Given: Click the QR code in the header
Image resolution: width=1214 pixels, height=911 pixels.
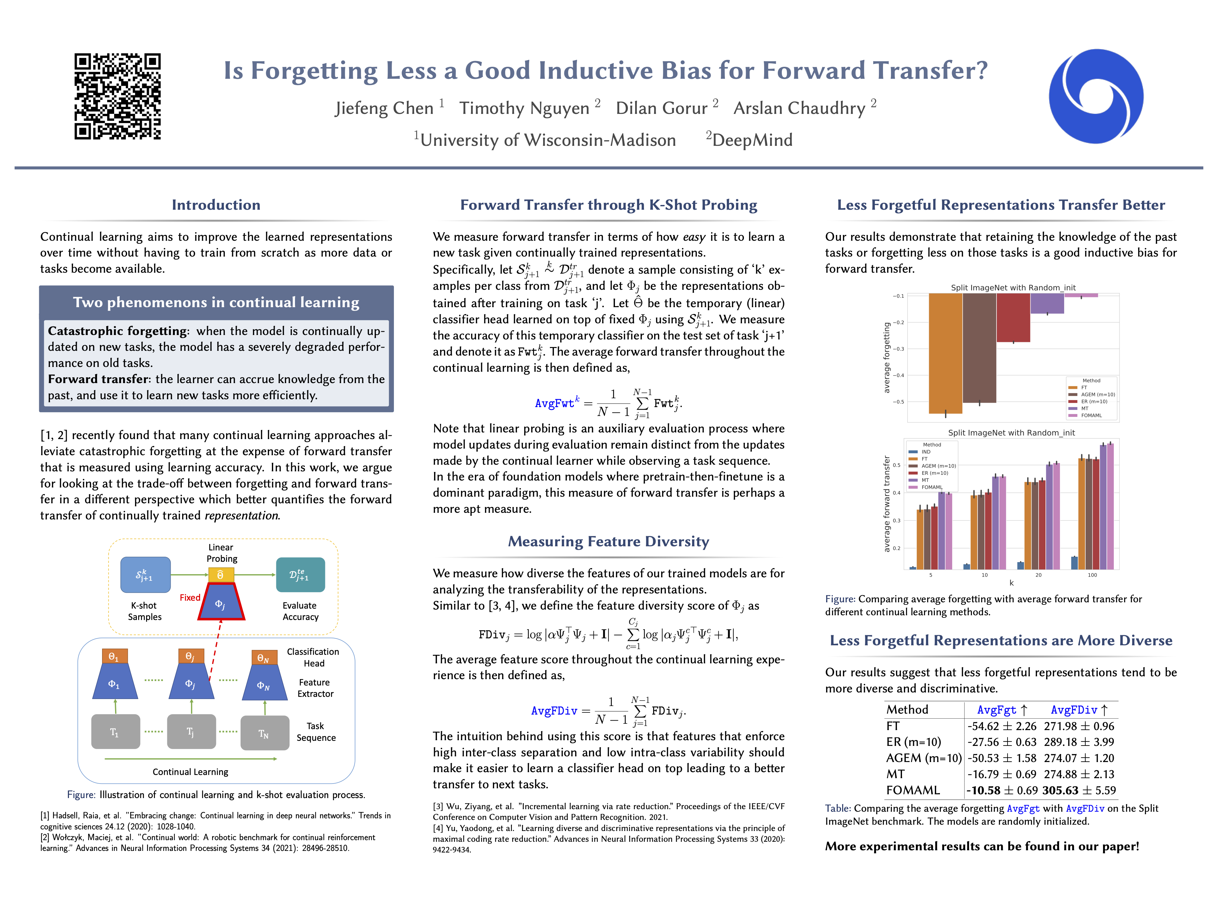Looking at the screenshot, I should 118,96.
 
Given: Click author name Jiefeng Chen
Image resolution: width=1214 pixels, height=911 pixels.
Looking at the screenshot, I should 384,108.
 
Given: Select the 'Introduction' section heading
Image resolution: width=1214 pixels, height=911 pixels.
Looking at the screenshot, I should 216,205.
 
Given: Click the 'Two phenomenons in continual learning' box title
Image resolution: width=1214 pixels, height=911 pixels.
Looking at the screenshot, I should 216,303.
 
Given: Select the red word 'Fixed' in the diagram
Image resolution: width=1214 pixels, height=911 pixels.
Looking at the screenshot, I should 190,598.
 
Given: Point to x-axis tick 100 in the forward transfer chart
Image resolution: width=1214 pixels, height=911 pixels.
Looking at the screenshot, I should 1092,575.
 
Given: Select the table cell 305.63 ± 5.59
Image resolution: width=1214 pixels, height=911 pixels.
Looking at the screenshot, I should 1078,790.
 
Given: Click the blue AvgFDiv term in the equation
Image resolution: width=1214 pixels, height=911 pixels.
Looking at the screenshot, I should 554,711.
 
